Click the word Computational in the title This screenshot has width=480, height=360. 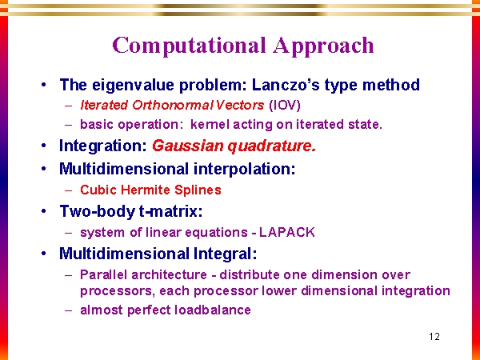[x=189, y=46]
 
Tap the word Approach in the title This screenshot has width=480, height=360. [x=323, y=46]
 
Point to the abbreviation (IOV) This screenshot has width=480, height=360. [x=285, y=106]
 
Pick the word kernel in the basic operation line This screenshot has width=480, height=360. [x=210, y=124]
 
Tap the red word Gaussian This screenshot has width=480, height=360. [x=188, y=146]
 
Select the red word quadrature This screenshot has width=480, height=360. [x=272, y=146]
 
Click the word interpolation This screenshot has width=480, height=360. [x=245, y=169]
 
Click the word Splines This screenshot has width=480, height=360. [x=198, y=190]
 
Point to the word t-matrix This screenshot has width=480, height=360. [x=171, y=211]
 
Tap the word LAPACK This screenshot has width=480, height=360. [x=287, y=232]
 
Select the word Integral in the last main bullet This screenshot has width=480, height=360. [x=225, y=254]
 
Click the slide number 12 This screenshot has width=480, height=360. [x=434, y=337]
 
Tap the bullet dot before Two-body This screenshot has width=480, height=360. [x=44, y=211]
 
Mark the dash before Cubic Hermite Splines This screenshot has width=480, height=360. [x=69, y=190]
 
